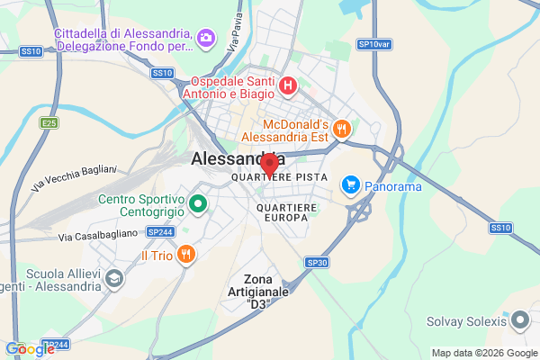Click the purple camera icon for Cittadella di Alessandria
point(206,37)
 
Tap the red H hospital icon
point(287,86)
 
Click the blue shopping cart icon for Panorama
point(350,185)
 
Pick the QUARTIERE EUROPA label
point(287,212)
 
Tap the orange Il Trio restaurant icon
point(184,254)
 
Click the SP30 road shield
point(317,262)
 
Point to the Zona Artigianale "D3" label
point(258,292)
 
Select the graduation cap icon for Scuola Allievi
point(114,279)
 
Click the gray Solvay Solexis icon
point(518,319)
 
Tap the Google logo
point(30,349)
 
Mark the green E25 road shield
point(49,121)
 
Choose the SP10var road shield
point(373,43)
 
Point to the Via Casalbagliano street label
point(98,235)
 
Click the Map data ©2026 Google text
point(481,352)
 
